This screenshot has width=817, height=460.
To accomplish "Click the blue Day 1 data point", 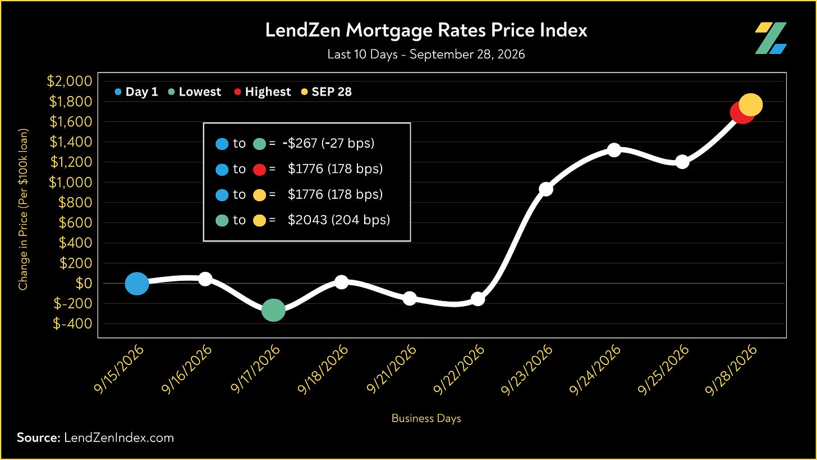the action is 137,283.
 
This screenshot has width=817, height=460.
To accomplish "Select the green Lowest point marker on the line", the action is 273,310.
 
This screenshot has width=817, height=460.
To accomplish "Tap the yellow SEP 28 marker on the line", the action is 751,105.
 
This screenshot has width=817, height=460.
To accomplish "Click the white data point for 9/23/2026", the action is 546,189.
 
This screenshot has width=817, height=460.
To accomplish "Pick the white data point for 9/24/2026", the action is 614,150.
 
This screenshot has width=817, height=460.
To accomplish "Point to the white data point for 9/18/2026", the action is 341,282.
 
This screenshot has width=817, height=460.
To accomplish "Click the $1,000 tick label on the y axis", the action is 70,182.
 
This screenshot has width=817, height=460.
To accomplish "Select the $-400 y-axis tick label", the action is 72,324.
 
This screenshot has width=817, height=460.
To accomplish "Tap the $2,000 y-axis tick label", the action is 70,81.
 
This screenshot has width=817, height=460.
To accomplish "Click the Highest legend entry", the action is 263,92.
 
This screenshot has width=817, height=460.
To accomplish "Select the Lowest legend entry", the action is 195,92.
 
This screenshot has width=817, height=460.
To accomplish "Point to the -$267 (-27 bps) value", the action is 329,143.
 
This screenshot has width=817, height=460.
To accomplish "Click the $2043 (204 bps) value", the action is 339,220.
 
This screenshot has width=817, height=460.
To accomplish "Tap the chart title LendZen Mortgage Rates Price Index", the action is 426,30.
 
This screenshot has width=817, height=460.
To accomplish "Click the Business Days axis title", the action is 426,418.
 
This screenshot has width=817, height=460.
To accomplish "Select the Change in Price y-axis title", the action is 23,209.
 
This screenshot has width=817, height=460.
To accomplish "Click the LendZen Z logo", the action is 770,38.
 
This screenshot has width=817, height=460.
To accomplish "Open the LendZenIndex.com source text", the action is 119,438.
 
